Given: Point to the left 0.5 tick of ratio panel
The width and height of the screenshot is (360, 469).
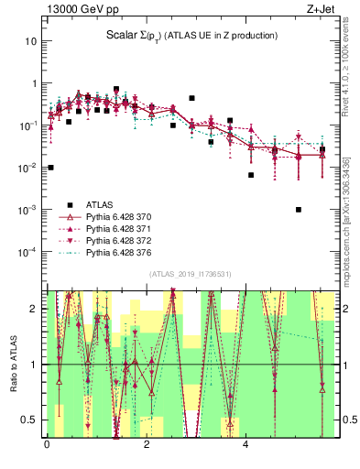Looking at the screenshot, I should click(x=29, y=420).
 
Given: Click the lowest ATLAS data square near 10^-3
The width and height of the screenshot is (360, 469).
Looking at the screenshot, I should click(x=299, y=209).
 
